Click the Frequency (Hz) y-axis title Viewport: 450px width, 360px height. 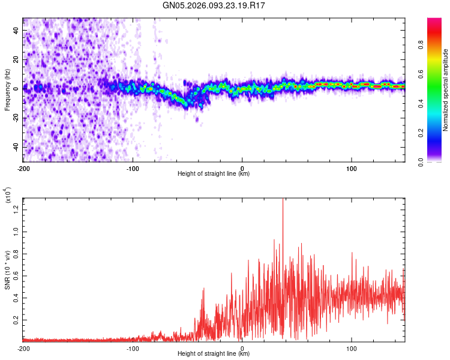[x=7, y=90]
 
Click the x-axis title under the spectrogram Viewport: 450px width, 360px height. [x=214, y=174]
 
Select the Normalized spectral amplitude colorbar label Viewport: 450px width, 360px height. [x=446, y=90]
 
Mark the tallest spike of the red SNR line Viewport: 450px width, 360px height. [x=283, y=200]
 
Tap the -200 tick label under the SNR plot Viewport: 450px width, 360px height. [x=24, y=348]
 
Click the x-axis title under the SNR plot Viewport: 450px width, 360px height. [x=214, y=354]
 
